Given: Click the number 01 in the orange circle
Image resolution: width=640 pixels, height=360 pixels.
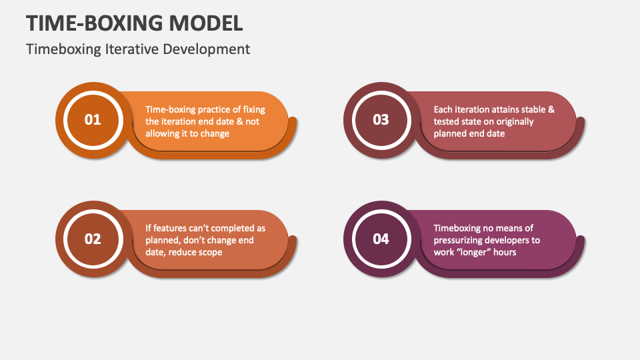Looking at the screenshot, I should coord(93,120).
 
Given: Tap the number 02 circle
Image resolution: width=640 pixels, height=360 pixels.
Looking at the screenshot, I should coord(93,239).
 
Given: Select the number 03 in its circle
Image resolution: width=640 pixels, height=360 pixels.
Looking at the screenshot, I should coord(381,120).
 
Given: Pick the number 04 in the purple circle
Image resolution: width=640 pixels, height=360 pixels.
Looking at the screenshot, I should coord(381,239).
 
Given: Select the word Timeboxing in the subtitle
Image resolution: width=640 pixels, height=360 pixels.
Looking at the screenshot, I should coord(64,49).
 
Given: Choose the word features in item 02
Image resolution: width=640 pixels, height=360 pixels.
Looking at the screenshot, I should coord(172,228).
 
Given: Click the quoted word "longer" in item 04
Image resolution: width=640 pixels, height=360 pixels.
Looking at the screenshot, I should coord(475,252).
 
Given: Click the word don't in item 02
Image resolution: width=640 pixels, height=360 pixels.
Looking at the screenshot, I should coord(199,240).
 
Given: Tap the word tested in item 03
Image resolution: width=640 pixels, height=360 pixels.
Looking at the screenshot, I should coord(448,121).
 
